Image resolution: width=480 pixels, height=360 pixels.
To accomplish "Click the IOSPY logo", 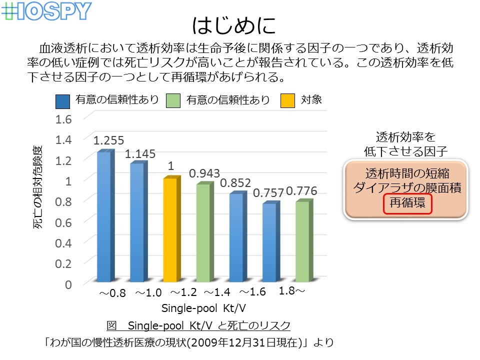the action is click(x=46, y=11).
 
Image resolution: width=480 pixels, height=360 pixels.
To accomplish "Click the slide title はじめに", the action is click(x=234, y=25).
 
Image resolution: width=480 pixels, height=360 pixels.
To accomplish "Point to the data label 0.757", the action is click(x=268, y=193).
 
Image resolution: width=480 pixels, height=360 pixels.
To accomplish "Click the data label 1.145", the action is click(x=140, y=153).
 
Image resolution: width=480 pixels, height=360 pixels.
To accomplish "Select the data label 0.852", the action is click(x=235, y=183).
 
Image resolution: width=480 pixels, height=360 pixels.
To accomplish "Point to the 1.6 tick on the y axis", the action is click(x=63, y=119).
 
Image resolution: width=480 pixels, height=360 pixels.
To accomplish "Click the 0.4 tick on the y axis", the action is click(x=63, y=243).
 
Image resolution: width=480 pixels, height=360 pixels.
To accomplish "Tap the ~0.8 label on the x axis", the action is click(x=112, y=293).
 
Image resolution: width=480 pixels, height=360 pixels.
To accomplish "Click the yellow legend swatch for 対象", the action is click(x=288, y=100).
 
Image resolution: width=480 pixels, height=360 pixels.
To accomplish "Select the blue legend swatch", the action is click(x=63, y=101).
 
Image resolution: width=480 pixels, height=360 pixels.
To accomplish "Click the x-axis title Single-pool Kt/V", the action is click(x=203, y=308).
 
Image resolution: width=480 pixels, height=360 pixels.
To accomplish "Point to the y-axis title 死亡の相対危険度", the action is click(x=37, y=187).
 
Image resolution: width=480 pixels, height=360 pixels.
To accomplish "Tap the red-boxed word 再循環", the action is click(x=407, y=202).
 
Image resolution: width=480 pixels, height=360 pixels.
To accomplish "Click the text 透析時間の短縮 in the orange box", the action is click(x=407, y=173).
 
